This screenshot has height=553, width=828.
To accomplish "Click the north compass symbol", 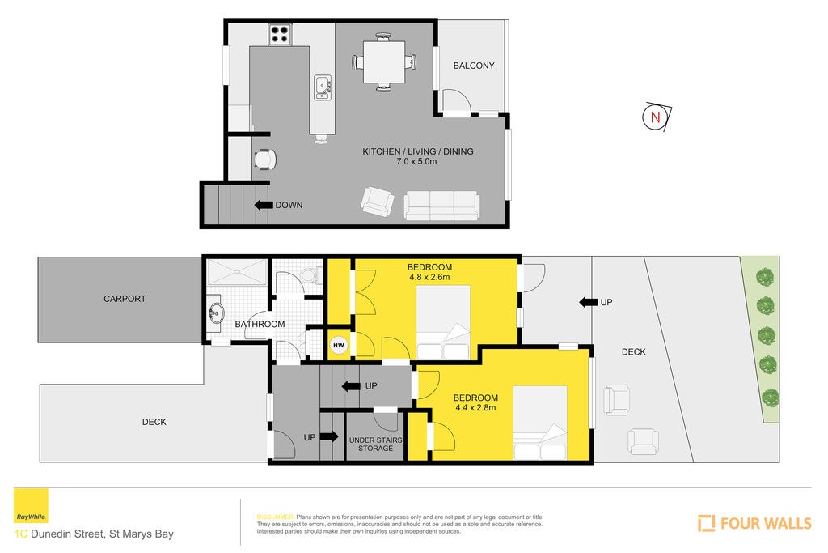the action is [x=657, y=117].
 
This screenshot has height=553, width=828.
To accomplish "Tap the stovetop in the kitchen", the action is [x=281, y=34].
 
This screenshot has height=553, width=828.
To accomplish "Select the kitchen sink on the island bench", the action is [x=322, y=87].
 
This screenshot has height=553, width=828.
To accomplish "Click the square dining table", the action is [x=384, y=62].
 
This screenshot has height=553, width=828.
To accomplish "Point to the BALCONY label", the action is [x=474, y=66].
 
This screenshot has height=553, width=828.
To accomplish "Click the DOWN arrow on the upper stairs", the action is [x=264, y=205].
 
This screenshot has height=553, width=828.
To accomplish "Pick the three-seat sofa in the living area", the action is [x=442, y=206].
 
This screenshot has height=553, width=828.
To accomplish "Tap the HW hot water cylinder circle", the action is [x=339, y=345].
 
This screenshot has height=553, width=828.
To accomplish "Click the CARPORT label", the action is [x=125, y=299].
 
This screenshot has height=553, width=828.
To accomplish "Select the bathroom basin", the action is [x=214, y=313].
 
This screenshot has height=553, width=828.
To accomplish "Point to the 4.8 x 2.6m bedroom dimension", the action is [x=429, y=277].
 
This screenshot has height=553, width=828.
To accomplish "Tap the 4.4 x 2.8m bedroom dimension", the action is [x=475, y=407].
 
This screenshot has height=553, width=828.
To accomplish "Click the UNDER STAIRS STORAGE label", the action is [x=375, y=444].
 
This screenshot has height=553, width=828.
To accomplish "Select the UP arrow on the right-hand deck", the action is [x=589, y=302].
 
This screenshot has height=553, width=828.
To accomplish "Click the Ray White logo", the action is [x=31, y=506].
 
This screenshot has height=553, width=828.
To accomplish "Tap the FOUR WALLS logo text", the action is [x=766, y=523].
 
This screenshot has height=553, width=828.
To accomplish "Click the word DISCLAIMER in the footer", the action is [x=275, y=517].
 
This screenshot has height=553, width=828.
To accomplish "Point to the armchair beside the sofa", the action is [x=377, y=202].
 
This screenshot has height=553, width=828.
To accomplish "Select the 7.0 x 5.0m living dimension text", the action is [x=416, y=162].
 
